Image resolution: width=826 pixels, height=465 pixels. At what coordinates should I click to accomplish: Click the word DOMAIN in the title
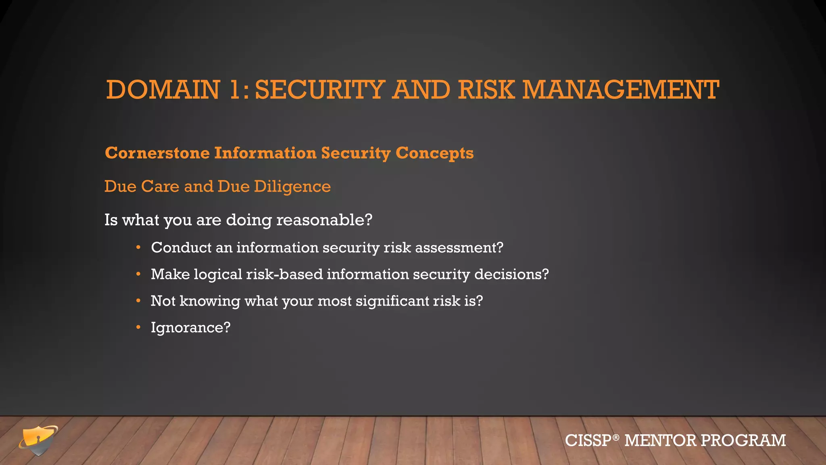click(163, 90)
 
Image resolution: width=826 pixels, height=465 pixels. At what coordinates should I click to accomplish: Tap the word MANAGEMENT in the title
click(621, 90)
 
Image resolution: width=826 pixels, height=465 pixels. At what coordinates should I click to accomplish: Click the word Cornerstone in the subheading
click(157, 153)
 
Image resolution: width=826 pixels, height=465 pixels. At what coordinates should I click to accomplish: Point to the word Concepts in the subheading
click(434, 154)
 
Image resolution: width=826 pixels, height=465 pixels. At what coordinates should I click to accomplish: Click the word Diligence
click(292, 187)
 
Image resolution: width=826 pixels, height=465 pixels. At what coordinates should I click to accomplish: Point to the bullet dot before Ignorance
click(138, 327)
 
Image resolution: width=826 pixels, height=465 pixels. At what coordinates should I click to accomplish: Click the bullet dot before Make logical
click(138, 274)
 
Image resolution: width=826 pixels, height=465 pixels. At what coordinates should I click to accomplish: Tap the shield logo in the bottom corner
click(38, 440)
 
